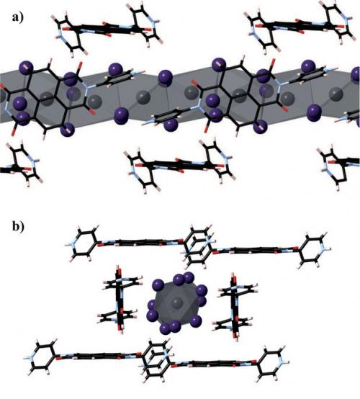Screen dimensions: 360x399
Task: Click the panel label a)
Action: coord(17,17)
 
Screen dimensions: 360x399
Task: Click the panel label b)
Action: coord(18,226)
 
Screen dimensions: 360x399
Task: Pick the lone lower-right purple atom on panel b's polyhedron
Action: coord(197,320)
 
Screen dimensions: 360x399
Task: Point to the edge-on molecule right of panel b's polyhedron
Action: coord(235,305)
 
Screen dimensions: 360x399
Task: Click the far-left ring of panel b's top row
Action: coord(81,243)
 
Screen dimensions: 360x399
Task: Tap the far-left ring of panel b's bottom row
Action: coord(41,357)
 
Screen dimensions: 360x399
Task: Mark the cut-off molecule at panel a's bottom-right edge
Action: coord(338,166)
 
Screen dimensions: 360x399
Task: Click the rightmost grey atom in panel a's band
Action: coord(336,94)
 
